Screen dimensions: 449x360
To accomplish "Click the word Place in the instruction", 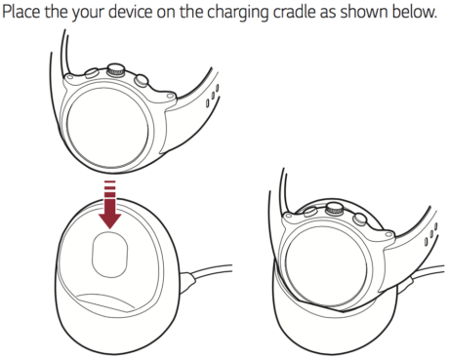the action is click(21, 12).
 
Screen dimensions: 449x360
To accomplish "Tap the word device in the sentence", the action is click(130, 12).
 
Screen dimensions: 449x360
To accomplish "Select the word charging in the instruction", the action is click(237, 13).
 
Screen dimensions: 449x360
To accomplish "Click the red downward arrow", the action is click(110, 205).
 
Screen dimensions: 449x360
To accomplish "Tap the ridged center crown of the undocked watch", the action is click(116, 70).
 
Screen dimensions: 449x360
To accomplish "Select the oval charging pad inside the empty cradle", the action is click(109, 254).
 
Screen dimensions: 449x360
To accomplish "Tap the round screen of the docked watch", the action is click(326, 267).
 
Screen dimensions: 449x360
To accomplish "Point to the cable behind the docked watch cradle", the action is click(428, 272).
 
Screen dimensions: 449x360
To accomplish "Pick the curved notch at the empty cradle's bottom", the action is click(105, 300).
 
